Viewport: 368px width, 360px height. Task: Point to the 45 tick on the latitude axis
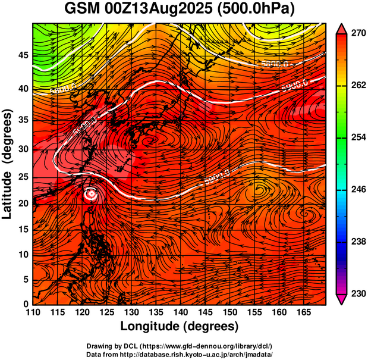(x=23, y=55)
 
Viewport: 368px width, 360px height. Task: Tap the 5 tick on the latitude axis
(x=26, y=280)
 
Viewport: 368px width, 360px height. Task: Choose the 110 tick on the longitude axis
(x=33, y=312)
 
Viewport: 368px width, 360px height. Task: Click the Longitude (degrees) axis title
(x=180, y=326)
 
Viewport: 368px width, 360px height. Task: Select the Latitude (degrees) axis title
(x=8, y=164)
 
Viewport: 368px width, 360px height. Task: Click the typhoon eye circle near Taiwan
(x=91, y=194)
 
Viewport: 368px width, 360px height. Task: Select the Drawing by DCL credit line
(x=179, y=346)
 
